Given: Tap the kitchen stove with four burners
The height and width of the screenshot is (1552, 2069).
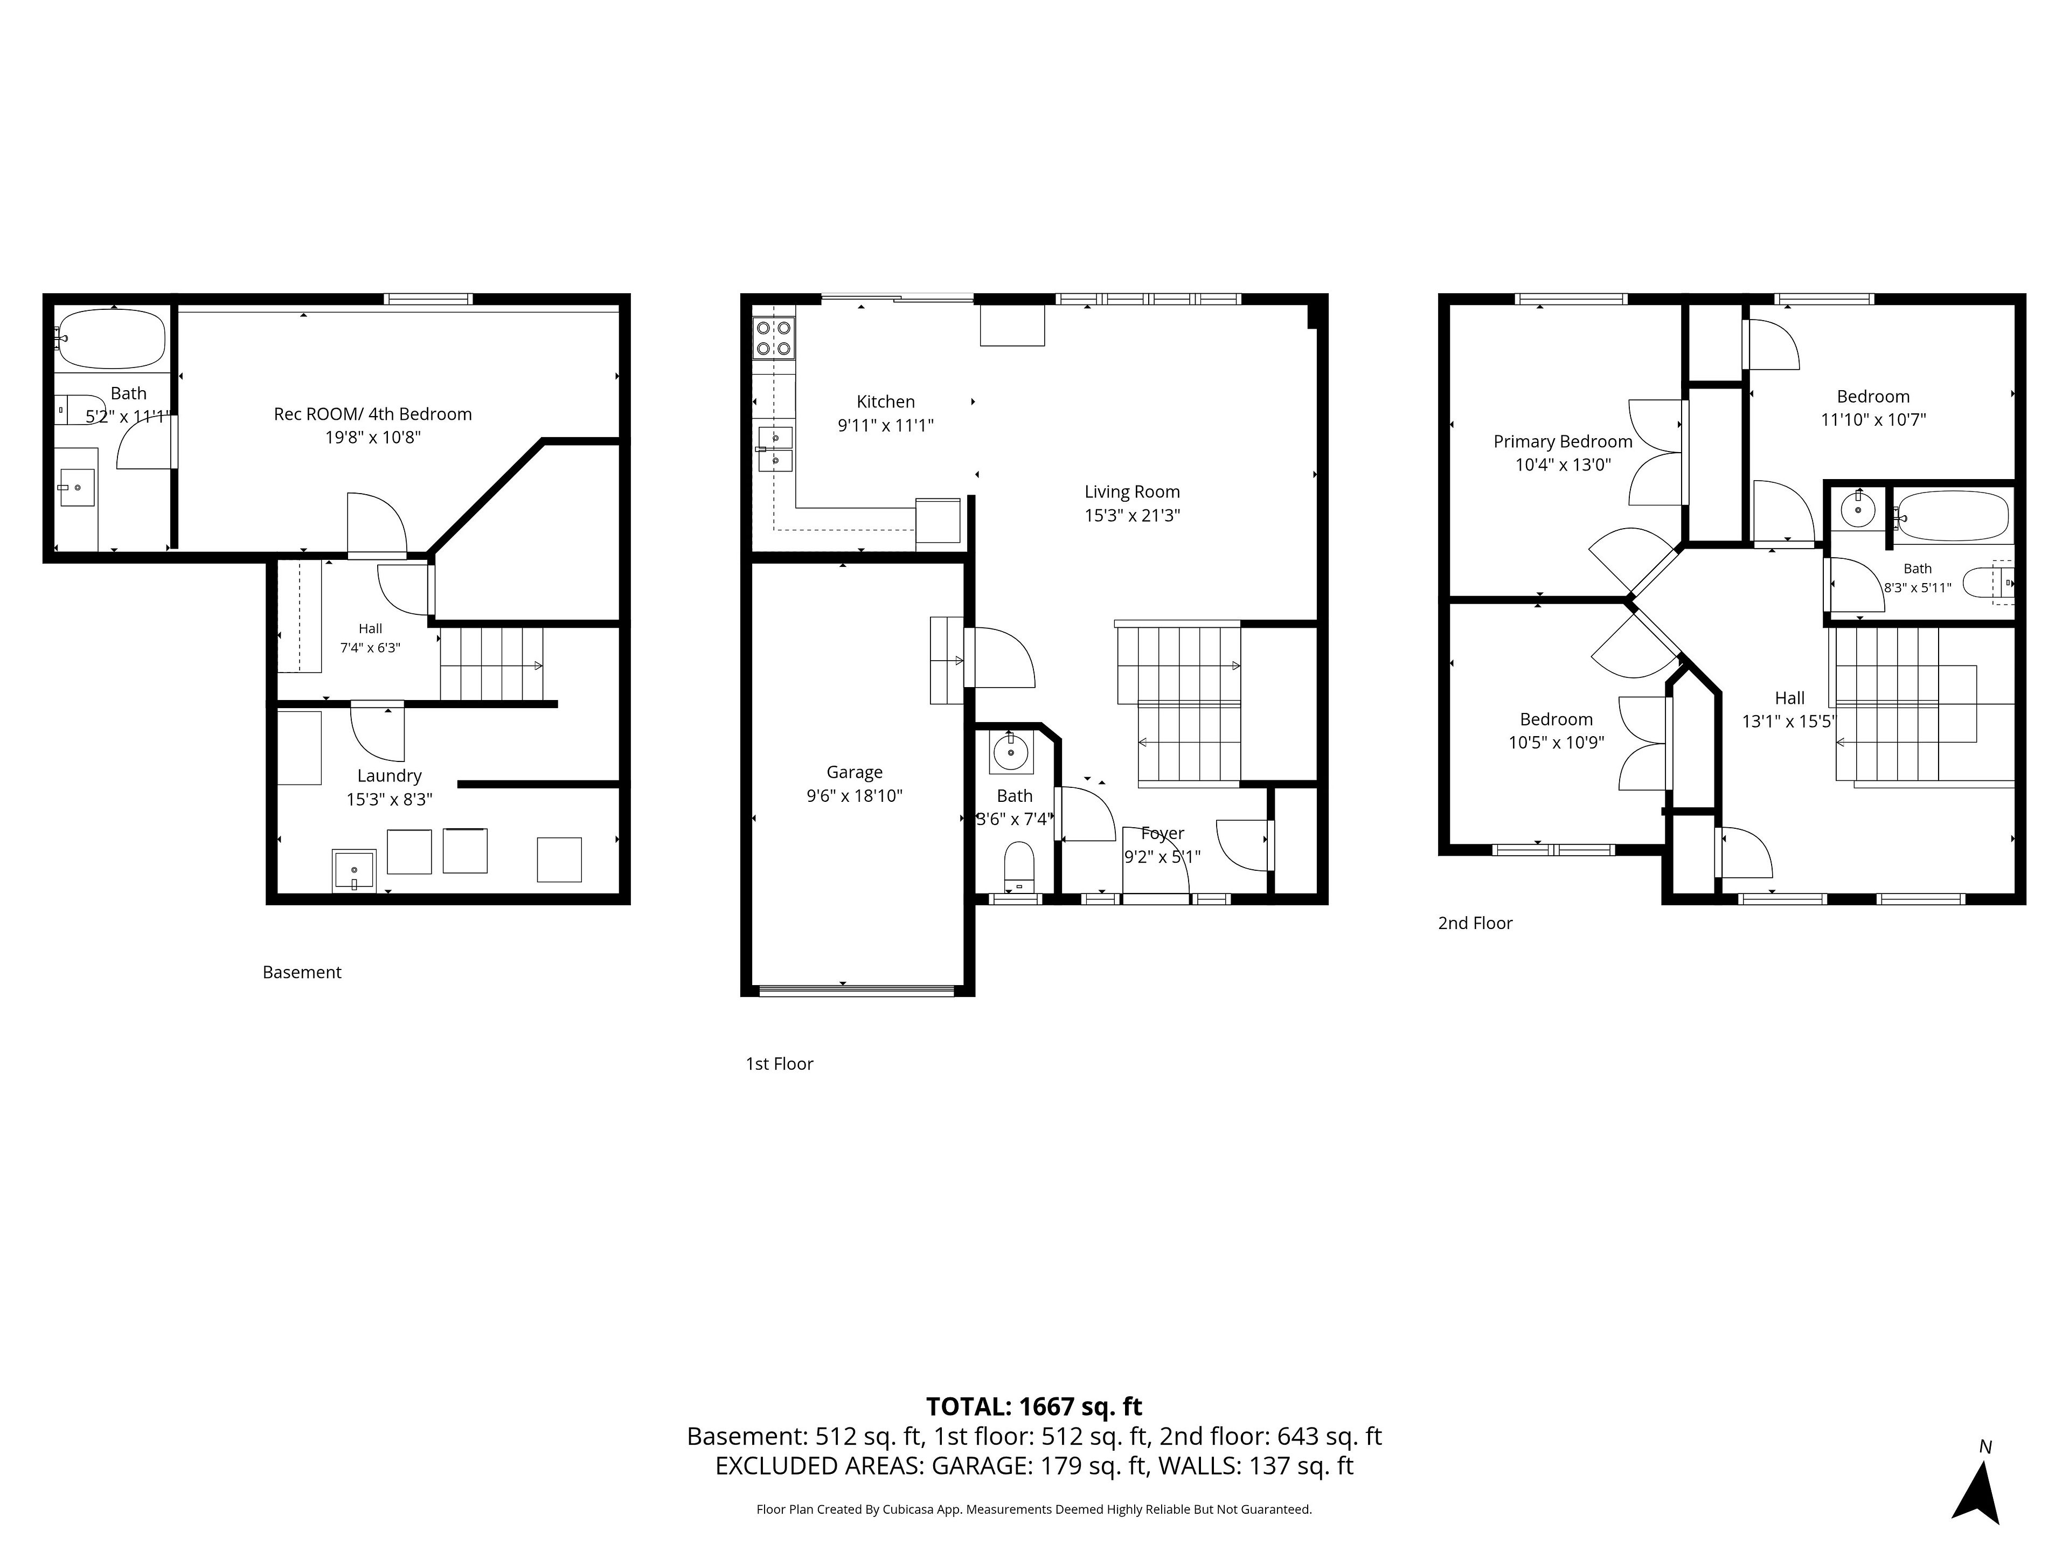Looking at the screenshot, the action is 774,338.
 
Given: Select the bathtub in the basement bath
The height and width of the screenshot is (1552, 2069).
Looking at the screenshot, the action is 112,338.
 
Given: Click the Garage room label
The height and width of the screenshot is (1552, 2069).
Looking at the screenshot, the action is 854,772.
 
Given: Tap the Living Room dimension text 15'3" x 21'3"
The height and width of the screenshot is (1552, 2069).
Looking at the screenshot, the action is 1132,515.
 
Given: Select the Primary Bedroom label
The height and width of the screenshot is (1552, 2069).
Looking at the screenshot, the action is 1563,441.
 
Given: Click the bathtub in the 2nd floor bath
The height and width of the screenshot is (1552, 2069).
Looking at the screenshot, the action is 1952,516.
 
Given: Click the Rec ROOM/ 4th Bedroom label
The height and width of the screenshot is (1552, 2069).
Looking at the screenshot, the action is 372,413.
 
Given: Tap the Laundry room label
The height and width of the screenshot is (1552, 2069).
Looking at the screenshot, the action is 389,775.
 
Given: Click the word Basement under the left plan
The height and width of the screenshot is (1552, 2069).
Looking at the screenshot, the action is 302,972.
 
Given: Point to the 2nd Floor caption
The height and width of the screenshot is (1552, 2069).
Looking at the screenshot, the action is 1475,923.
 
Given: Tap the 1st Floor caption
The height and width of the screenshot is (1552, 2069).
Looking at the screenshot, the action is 779,1064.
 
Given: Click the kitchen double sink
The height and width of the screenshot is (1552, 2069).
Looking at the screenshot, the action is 774,449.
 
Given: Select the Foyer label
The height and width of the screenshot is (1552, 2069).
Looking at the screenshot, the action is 1163,833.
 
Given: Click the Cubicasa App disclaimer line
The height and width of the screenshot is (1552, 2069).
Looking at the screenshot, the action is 1034,1509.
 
